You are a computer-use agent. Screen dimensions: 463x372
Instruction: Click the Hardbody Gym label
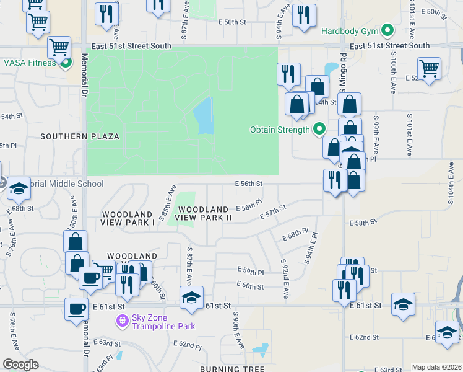click(350, 30)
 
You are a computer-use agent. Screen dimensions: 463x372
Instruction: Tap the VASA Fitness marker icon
click(64, 63)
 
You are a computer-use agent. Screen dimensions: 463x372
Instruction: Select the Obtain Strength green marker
click(319, 130)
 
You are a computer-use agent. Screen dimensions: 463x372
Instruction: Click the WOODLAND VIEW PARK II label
click(204, 213)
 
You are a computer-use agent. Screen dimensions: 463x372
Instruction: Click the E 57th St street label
click(273, 212)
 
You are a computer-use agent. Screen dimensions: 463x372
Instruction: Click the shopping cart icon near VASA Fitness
click(59, 46)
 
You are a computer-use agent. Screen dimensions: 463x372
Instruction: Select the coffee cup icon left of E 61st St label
click(77, 308)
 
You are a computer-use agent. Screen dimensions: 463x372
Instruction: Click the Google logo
click(20, 365)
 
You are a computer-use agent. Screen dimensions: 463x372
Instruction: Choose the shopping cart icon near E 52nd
click(428, 68)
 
